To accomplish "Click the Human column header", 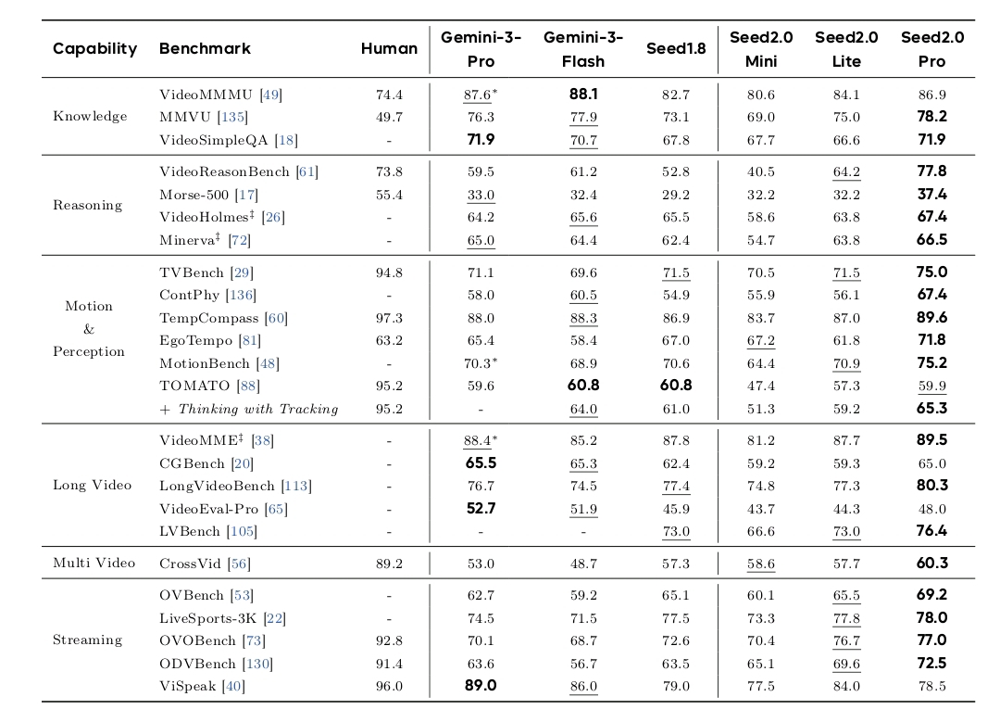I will [x=389, y=48].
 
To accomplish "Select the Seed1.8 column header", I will [x=676, y=48].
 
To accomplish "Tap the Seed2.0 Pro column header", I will [x=931, y=49].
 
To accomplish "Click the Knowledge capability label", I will [x=90, y=117].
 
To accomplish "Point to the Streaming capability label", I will [x=87, y=640].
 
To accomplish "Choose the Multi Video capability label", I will [x=94, y=564].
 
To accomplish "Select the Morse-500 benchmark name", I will [x=195, y=195].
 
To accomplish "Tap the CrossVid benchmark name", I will [x=192, y=564].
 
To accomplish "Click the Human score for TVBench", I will [x=389, y=272].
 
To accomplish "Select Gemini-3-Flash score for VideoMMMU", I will [x=583, y=95].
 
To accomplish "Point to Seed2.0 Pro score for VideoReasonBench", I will [x=931, y=171].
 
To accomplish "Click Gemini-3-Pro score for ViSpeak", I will [x=481, y=686].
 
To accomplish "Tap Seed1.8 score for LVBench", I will [x=676, y=532].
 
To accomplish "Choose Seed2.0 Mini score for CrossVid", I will [x=760, y=564].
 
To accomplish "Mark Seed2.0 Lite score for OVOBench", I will [x=846, y=640].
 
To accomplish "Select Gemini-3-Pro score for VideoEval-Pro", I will [x=481, y=509].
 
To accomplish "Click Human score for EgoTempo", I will [x=389, y=341].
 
